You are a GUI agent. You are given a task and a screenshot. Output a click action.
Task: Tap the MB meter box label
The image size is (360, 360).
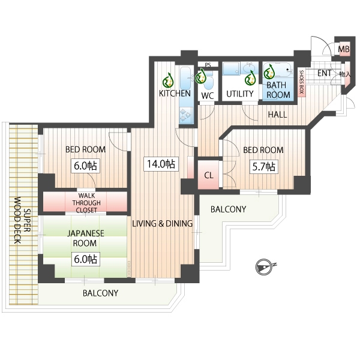[x=344, y=49]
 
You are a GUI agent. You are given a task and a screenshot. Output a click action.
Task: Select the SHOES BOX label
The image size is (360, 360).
[x=301, y=82]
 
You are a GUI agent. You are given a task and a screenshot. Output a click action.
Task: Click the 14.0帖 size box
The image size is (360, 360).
[x=161, y=164]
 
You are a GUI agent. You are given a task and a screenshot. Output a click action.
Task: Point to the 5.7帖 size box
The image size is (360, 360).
[x=264, y=166]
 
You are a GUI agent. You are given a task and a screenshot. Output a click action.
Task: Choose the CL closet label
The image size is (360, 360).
[x=209, y=176]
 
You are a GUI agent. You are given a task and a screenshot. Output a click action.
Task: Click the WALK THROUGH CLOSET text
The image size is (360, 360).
[x=86, y=203]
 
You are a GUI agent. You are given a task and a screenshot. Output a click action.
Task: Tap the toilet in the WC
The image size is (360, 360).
[x=208, y=82]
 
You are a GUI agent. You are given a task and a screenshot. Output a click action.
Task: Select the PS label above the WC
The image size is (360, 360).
[x=208, y=65]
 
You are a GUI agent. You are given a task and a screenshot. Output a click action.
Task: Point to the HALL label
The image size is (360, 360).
[x=278, y=115]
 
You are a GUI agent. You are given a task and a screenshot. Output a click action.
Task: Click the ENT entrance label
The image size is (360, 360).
[x=324, y=73]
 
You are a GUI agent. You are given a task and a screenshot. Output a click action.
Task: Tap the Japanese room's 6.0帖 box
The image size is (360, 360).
[x=85, y=259]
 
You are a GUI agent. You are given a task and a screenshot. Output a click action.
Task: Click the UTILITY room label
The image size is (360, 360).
[x=240, y=94]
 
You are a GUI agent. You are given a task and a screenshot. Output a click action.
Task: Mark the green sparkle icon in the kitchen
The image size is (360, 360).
[x=168, y=80]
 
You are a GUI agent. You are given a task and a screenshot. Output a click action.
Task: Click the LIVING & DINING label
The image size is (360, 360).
[x=163, y=223]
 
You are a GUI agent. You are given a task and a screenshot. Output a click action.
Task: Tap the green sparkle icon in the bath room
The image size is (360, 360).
[x=269, y=71]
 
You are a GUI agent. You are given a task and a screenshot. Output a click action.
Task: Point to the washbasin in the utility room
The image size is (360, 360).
[x=249, y=68]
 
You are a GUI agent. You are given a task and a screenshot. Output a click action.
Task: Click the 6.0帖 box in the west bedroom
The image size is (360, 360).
[x=85, y=166]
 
